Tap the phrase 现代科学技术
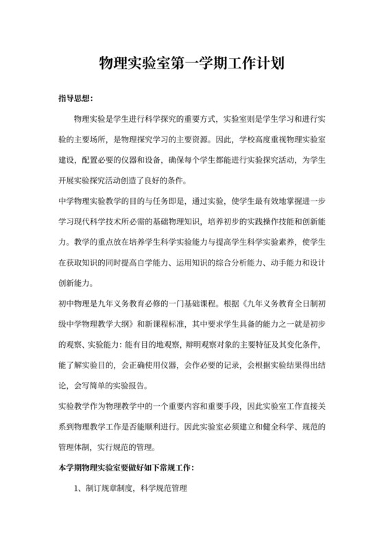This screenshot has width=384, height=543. (x=104, y=223)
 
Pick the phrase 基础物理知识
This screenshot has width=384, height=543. (x=178, y=223)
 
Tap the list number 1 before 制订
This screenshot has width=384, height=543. (x=77, y=490)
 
